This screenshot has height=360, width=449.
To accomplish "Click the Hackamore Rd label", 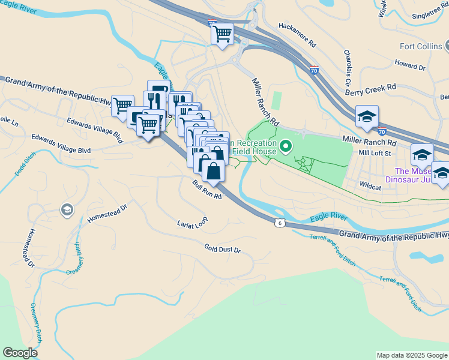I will (x=297, y=35).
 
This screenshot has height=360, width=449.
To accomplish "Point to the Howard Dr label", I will (x=410, y=65).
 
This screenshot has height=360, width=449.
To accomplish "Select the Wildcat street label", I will (x=371, y=187).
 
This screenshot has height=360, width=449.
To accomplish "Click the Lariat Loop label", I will (x=192, y=223).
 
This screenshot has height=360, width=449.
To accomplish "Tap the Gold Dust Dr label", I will (x=222, y=248).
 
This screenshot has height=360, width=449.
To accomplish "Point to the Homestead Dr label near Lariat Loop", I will (x=107, y=212).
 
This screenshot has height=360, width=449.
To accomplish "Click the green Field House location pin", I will (x=286, y=145).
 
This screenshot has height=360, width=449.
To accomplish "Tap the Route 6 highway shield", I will (x=280, y=223).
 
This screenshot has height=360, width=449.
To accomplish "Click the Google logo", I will (x=20, y=353).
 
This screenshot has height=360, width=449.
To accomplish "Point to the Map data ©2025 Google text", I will (x=411, y=355).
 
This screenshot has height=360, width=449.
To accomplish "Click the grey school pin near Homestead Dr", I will (x=66, y=209).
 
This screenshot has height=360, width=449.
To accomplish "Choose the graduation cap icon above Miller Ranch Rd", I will (x=367, y=116).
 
